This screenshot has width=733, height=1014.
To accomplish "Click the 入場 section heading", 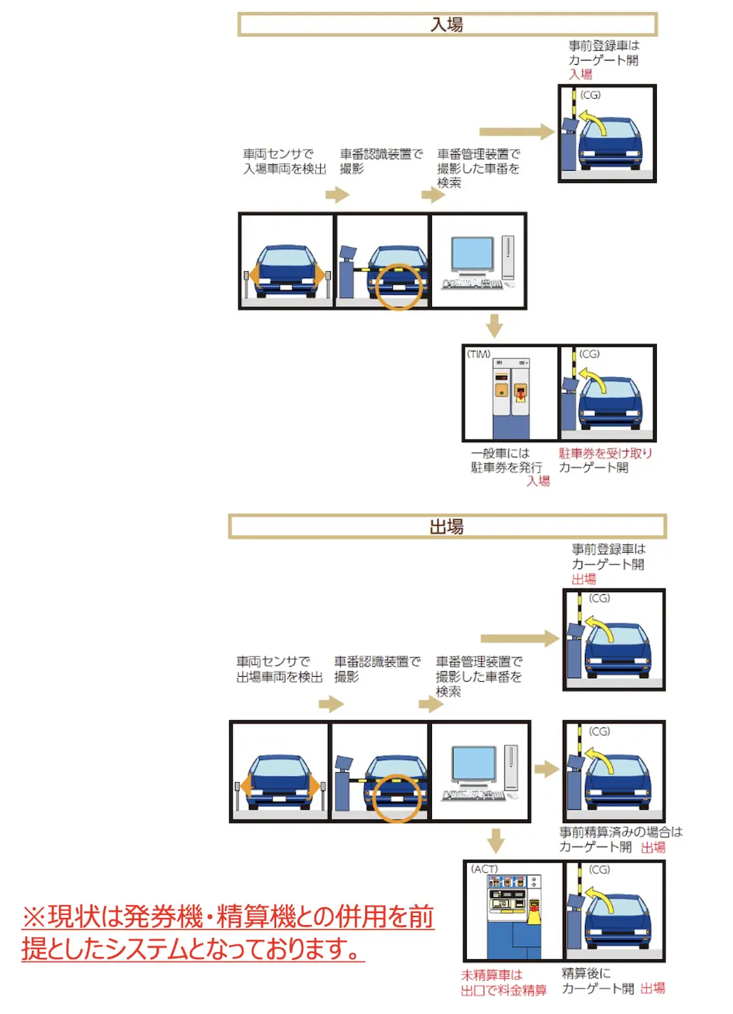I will (x=447, y=24).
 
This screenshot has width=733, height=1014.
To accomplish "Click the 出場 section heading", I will (x=447, y=527).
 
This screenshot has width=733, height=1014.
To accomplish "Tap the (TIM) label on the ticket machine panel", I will (x=479, y=354).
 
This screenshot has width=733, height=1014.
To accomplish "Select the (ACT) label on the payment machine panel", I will (x=485, y=869).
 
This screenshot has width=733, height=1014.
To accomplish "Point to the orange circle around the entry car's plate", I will (x=399, y=287).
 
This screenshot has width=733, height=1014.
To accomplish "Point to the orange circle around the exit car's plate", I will (x=397, y=798).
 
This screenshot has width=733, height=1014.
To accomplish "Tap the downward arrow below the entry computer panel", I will (x=495, y=326).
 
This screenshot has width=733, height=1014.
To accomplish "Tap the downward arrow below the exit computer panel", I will (x=495, y=840).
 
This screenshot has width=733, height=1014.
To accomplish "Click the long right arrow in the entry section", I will (x=517, y=132).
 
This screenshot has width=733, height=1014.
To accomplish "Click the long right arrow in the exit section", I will (x=520, y=638).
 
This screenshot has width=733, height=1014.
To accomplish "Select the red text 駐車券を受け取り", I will (x=605, y=453).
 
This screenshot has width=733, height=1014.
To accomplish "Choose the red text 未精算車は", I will (x=491, y=974).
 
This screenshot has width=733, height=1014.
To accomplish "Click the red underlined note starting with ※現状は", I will (x=228, y=932).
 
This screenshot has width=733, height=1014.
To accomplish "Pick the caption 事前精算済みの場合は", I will (x=621, y=832).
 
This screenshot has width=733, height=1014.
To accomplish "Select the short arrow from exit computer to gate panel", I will (x=546, y=769).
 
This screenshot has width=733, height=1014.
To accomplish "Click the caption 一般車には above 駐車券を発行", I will (x=500, y=453).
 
